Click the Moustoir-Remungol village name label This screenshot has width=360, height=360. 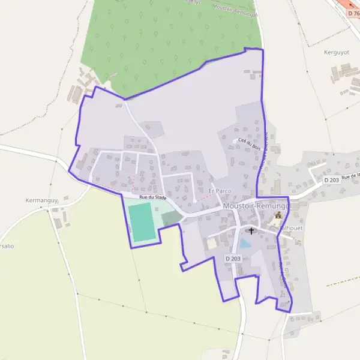click(x=257, y=205)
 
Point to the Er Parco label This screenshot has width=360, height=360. click(x=220, y=191)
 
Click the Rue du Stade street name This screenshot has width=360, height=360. click(x=152, y=197)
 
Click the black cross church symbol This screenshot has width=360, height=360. click(x=251, y=230)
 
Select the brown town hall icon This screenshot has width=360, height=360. click(x=278, y=215)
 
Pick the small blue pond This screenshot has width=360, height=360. click(x=245, y=244)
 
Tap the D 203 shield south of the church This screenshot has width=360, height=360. click(x=233, y=258)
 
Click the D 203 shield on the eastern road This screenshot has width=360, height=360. click(x=332, y=179)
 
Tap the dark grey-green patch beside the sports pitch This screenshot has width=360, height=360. click(x=170, y=218)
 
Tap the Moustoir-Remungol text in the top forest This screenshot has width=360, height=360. click(x=235, y=8)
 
